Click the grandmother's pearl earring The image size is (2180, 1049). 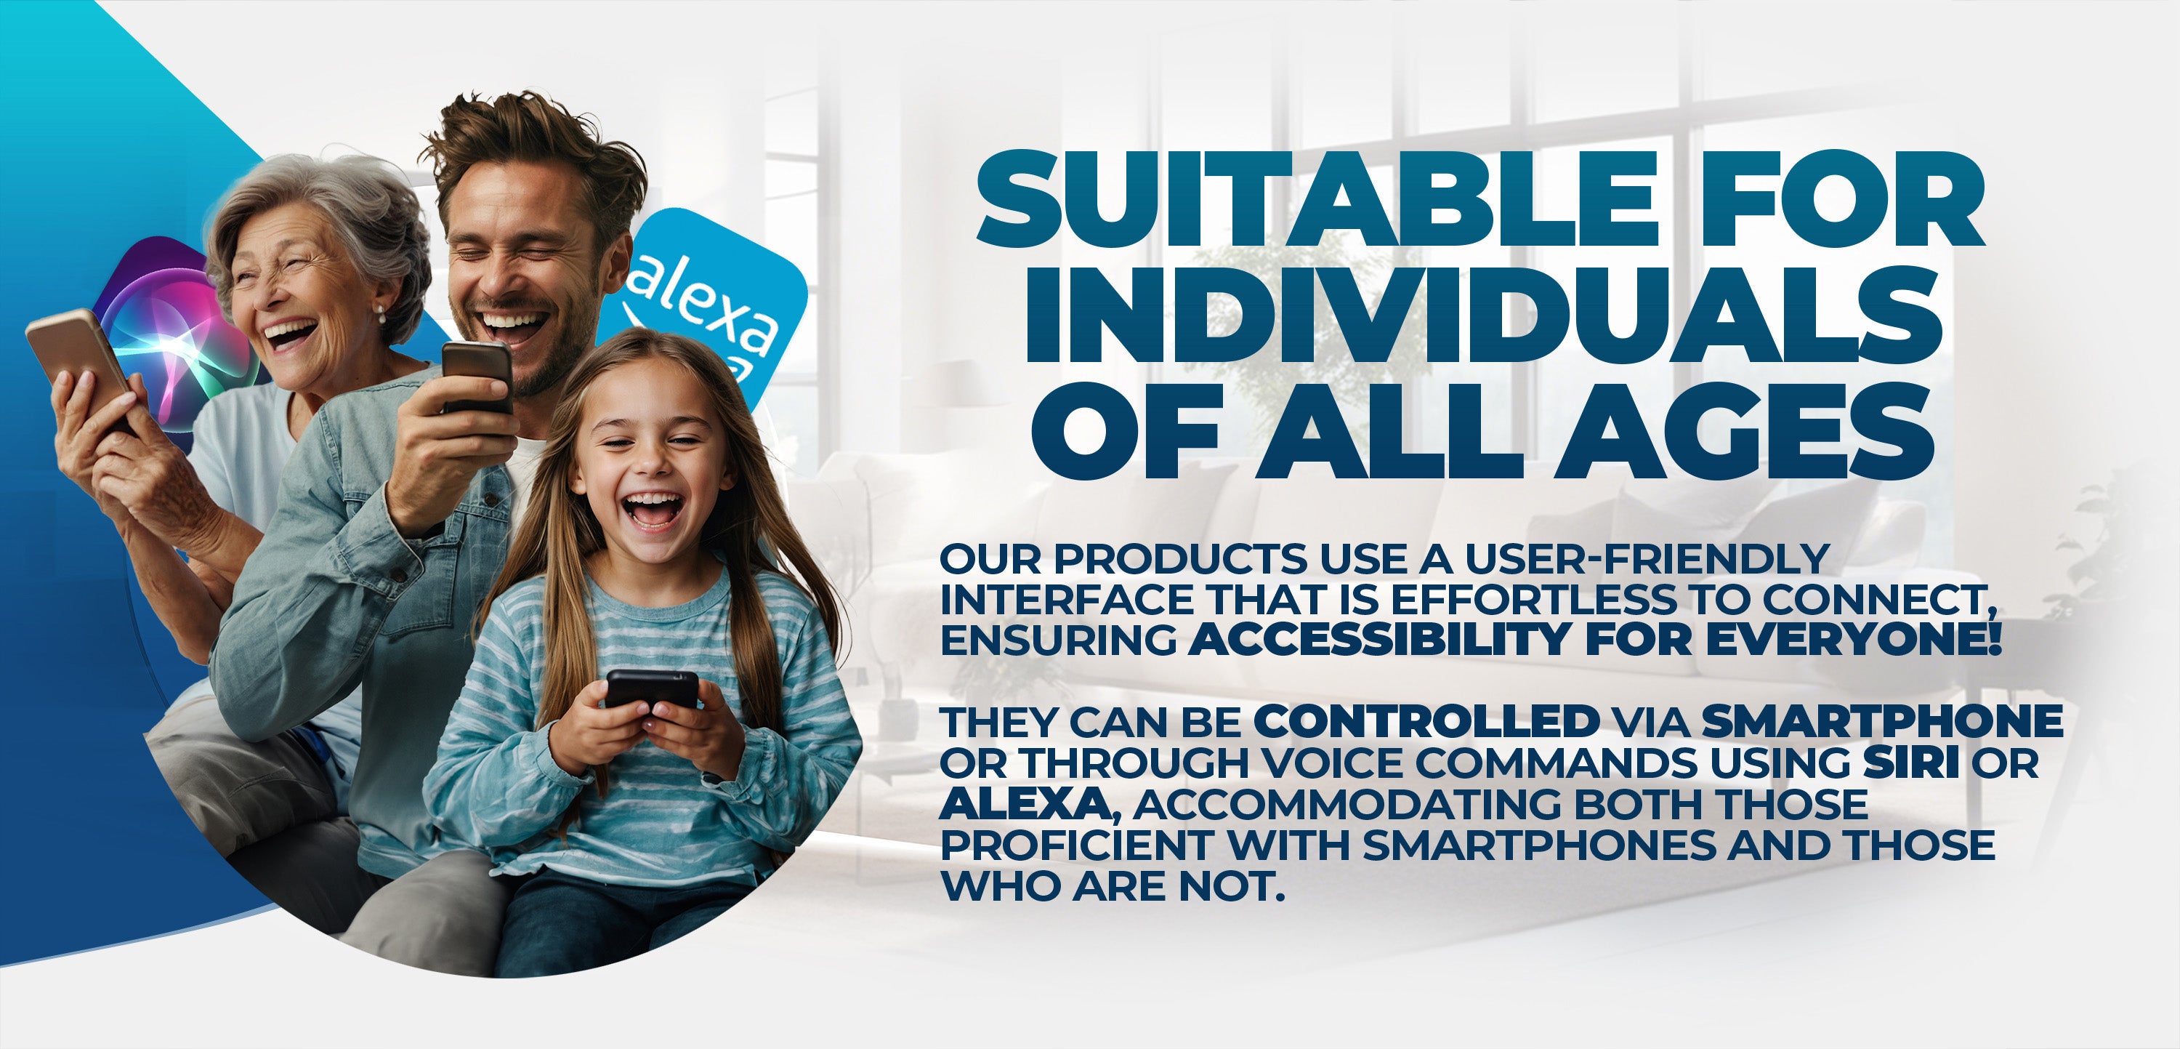pos(381,318)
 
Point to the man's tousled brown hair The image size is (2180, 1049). pos(533,156)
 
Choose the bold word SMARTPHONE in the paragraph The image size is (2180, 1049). pos(1882,721)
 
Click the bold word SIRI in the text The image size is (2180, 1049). pos(1911,762)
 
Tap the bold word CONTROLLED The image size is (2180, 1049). pos(1426,721)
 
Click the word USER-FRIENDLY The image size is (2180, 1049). pos(1647,558)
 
